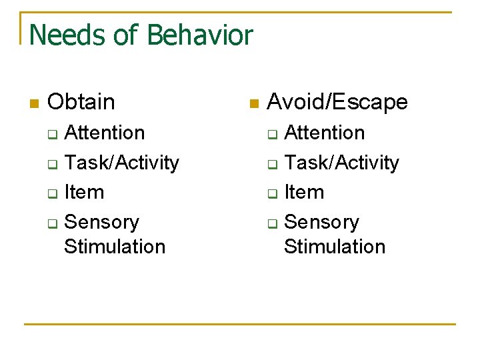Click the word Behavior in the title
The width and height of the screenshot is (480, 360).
coord(200,35)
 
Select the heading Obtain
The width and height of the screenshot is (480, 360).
coord(81,102)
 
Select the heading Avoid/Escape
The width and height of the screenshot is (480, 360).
coord(337,102)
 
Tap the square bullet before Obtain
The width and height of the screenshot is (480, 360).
coord(35,103)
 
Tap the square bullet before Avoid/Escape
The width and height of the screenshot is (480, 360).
coord(253,103)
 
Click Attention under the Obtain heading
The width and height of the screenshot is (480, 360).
coord(104,133)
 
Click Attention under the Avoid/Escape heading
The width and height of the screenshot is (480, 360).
coord(324,133)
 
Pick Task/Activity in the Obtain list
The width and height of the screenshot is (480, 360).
coord(121,163)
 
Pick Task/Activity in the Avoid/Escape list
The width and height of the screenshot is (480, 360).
coord(341,163)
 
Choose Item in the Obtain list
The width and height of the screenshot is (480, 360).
coord(84,192)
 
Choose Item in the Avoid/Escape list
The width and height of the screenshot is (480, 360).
coord(304,192)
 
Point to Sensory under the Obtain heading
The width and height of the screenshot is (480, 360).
coord(101,222)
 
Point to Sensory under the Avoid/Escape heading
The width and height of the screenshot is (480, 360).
coord(321,222)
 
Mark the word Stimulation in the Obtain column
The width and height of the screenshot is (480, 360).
coord(114,246)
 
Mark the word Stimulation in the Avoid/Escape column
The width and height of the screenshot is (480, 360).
coord(334,246)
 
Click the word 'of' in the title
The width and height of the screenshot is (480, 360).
coord(127,35)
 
